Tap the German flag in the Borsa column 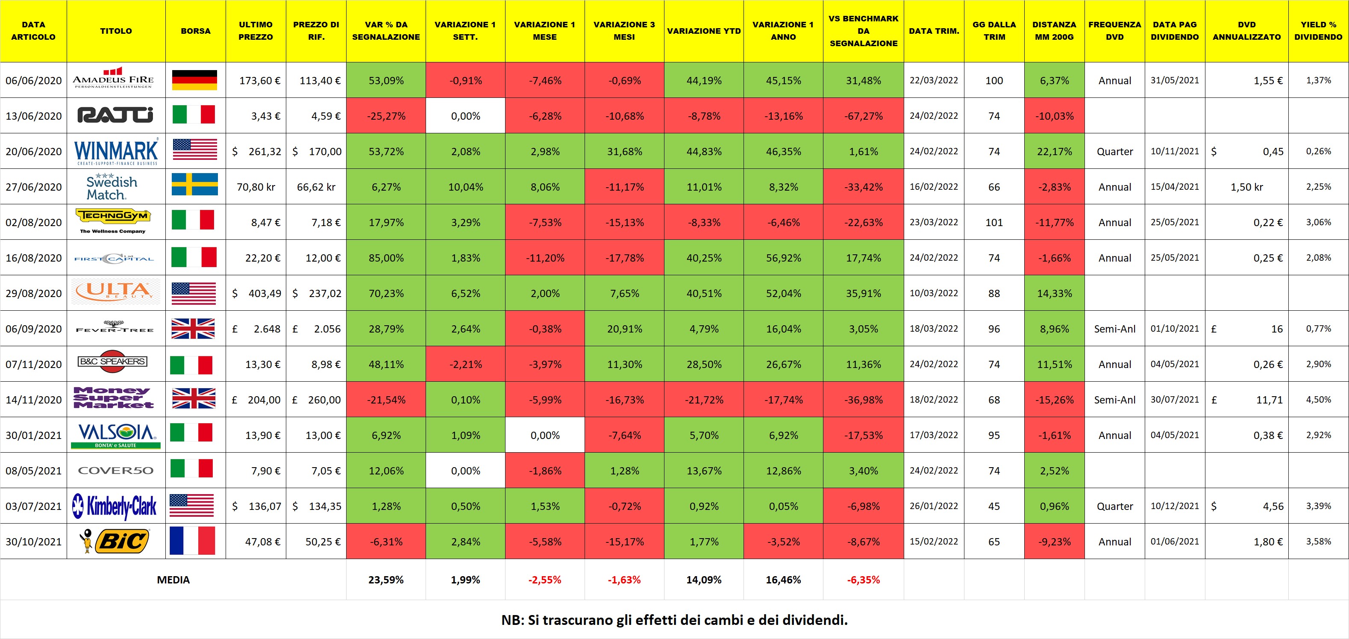coord(194,80)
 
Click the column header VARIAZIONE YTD coord(703,31)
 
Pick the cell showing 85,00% coord(386,258)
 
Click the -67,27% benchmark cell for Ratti coord(863,116)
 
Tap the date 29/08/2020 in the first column coord(33,293)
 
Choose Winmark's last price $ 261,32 coord(256,151)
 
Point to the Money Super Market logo coord(114,398)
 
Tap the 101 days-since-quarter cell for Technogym coord(993,222)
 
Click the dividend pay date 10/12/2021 coord(1174,506)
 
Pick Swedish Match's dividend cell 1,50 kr coord(1246,187)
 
